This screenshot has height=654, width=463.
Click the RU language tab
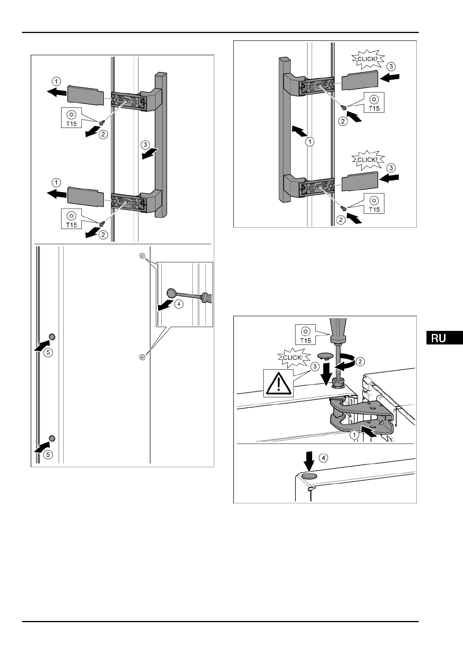[443, 337]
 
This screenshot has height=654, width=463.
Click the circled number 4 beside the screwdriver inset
[178, 304]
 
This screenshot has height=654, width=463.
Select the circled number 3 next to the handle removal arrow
[145, 145]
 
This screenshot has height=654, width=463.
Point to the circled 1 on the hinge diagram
[354, 435]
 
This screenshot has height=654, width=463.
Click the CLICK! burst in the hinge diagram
[293, 357]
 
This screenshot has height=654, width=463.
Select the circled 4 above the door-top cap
[323, 458]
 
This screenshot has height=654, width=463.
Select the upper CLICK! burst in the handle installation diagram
[367, 59]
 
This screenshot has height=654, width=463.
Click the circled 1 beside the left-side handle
[310, 142]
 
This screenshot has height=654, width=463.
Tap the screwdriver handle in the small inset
[206, 298]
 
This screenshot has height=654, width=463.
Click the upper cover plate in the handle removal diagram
[86, 95]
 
